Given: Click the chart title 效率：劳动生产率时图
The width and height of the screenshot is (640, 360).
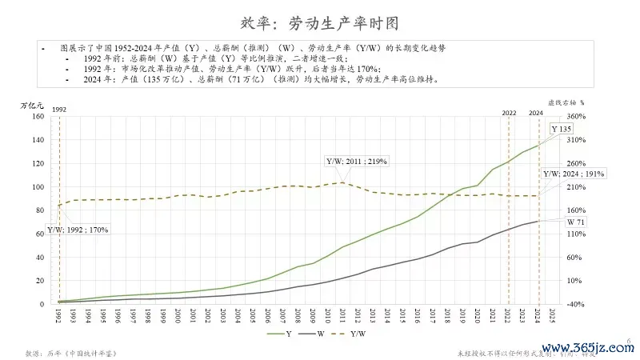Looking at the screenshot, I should coord(319,22).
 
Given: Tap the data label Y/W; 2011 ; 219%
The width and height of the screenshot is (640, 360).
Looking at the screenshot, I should coord(357,162).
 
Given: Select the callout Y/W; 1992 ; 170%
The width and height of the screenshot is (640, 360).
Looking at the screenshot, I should coord(78,230).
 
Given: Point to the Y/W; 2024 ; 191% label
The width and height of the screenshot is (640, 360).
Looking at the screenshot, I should coord(574,174).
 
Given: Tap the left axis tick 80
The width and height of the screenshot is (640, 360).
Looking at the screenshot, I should coord(38,210).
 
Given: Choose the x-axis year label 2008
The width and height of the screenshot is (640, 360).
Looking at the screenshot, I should coord(298,318).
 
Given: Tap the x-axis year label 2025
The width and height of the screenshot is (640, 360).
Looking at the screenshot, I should coord(553,318).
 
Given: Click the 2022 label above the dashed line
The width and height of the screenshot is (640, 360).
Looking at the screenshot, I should coord(509,113).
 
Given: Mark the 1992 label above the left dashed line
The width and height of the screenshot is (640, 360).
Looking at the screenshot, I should coord(58,108).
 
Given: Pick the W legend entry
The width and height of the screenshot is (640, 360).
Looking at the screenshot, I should coord(314,334).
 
